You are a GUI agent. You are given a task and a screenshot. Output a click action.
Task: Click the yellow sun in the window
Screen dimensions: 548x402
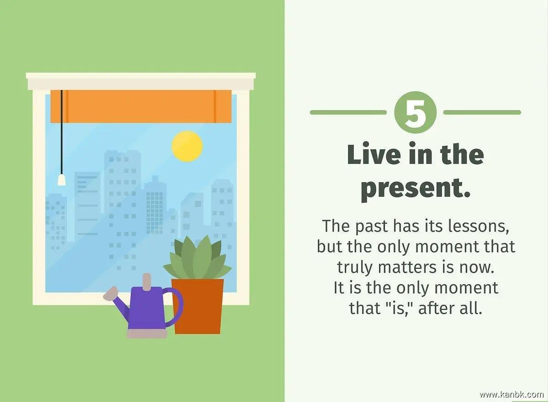point(187,146)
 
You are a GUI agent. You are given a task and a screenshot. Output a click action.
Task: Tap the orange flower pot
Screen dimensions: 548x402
point(197,307)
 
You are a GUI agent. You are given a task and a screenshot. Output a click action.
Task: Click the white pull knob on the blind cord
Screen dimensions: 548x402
point(62,180)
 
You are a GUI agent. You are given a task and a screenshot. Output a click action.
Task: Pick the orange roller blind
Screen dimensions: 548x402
point(141,106)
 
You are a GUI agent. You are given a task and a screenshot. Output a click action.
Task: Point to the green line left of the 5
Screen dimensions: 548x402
point(348,112)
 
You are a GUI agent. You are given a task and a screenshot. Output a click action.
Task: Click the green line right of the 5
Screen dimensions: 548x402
point(482,112)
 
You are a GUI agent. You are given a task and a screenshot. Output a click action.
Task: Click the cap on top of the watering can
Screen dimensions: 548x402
point(147,282)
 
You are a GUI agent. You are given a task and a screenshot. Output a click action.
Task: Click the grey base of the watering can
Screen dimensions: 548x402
point(147,333)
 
